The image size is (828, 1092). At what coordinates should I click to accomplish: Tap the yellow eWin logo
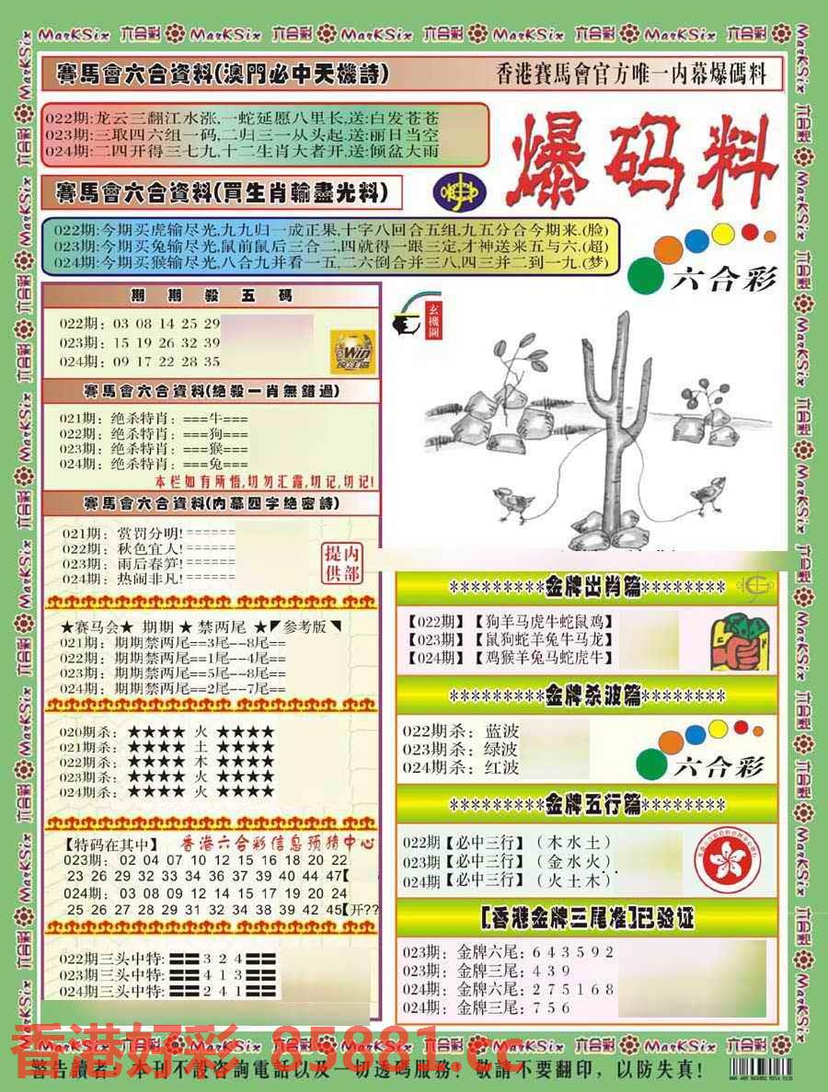tap(354, 351)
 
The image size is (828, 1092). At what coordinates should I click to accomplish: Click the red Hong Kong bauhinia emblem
tap(727, 860)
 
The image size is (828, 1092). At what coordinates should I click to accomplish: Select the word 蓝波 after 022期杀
tap(502, 730)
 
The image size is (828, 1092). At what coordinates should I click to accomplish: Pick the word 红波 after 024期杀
tap(502, 766)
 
